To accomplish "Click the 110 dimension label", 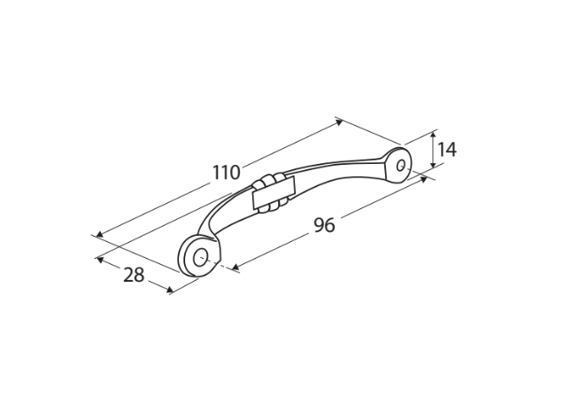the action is [x=226, y=172].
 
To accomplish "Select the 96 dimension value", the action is [x=324, y=225].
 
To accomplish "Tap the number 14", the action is [x=447, y=150].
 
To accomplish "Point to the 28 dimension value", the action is [x=134, y=275].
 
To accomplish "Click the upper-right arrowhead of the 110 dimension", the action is [x=339, y=123].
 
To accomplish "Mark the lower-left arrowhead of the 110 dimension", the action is [x=100, y=234].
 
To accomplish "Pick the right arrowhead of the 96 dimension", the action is [x=424, y=179].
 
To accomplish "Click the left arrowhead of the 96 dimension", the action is [x=236, y=267].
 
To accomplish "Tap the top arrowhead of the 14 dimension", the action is [x=434, y=135].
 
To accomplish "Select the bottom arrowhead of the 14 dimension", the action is [x=434, y=164].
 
